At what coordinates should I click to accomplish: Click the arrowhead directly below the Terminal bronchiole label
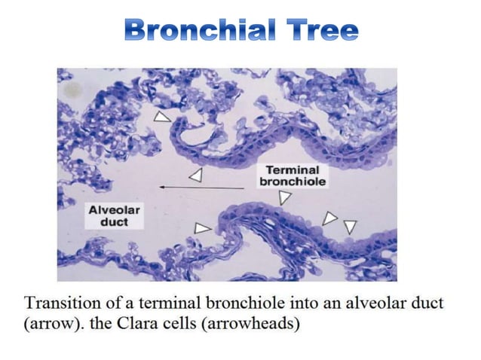[x=285, y=197]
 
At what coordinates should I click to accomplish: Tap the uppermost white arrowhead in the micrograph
[x=162, y=117]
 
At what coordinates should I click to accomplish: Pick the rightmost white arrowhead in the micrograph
[x=349, y=226]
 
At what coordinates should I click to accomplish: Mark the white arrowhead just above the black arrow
[x=196, y=175]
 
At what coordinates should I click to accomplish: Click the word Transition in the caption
[x=60, y=304]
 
